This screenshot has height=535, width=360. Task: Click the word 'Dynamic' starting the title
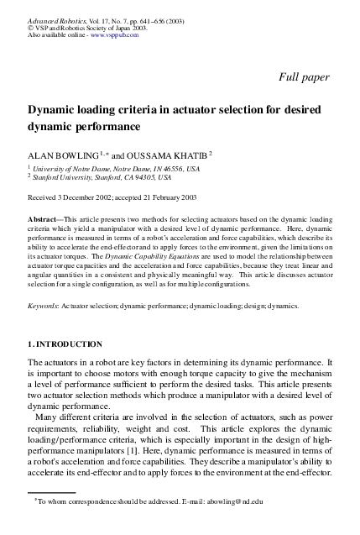pos(53,109)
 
